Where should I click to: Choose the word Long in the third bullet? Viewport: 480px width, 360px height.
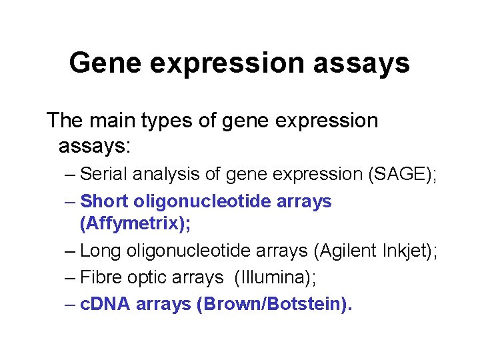99,251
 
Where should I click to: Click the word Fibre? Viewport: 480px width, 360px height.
100,277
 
